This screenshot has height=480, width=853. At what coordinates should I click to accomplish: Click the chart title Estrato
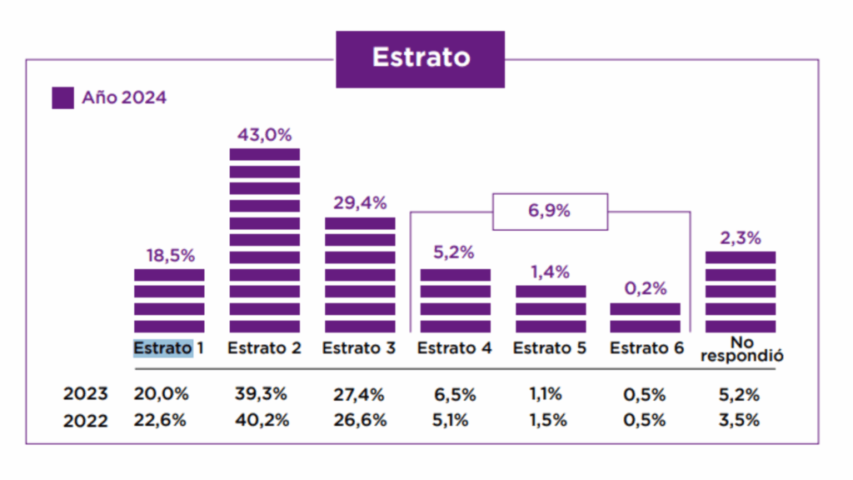click(420, 57)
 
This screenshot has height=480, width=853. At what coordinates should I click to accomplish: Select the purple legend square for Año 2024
click(62, 97)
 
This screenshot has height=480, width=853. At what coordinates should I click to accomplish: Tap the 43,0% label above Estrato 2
click(264, 135)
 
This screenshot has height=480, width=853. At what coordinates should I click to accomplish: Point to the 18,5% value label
click(169, 256)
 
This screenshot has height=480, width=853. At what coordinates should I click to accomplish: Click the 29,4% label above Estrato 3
click(360, 203)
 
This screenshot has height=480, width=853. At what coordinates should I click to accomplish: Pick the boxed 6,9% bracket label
click(550, 211)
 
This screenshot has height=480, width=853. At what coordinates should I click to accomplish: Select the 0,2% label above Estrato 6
click(646, 289)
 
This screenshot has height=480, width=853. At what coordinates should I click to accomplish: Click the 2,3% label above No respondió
click(740, 237)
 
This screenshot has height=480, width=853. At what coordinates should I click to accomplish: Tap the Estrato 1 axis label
click(169, 348)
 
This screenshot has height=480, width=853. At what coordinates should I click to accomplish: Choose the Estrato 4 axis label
click(454, 348)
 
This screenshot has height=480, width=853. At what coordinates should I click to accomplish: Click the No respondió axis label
click(741, 349)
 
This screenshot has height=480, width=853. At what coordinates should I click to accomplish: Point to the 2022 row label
click(85, 421)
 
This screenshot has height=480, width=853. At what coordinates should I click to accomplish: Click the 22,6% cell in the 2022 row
click(161, 420)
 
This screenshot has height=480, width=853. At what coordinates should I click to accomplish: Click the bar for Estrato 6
click(645, 317)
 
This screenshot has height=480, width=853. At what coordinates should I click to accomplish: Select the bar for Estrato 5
click(550, 309)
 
